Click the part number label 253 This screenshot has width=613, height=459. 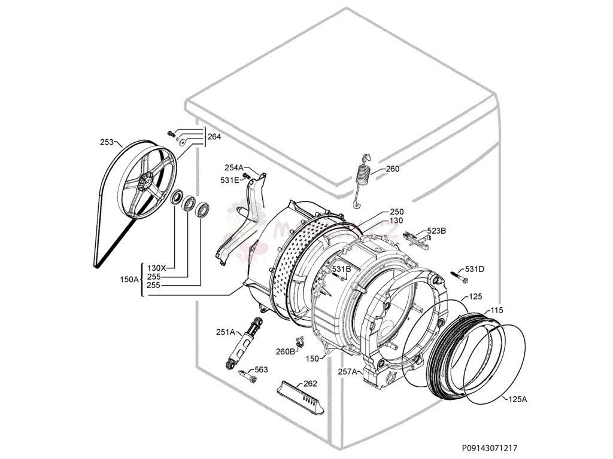click(107, 142)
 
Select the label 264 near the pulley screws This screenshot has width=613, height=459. click(214, 137)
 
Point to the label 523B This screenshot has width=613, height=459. click(436, 231)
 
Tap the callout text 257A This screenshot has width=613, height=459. click(348, 372)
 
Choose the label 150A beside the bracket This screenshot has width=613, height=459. click(129, 280)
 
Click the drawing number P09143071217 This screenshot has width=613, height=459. click(490, 448)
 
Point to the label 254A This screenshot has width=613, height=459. click(233, 168)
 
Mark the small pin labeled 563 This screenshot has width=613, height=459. click(245, 374)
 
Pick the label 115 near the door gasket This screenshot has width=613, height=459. click(497, 310)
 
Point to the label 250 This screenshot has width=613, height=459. click(396, 212)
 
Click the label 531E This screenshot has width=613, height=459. click(229, 180)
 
